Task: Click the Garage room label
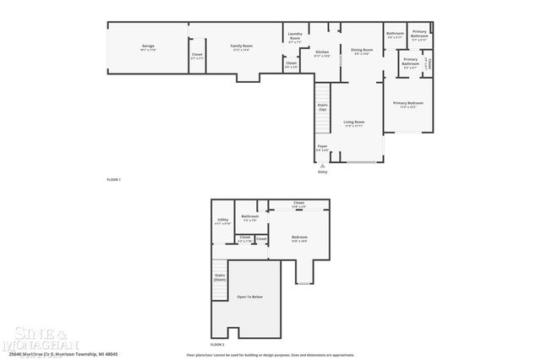[148, 48]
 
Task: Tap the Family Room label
[243, 48]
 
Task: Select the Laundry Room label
[294, 37]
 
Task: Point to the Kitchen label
[322, 53]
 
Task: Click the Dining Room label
[362, 52]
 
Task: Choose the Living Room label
[353, 123]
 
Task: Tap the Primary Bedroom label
[407, 104]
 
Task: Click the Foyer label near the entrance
[322, 148]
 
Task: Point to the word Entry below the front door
[322, 172]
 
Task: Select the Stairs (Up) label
[322, 108]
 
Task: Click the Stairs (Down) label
[220, 277]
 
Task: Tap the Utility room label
[222, 221]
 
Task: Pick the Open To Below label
[249, 297]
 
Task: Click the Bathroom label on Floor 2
[249, 217]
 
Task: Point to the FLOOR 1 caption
[113, 179]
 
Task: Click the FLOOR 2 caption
[217, 344]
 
